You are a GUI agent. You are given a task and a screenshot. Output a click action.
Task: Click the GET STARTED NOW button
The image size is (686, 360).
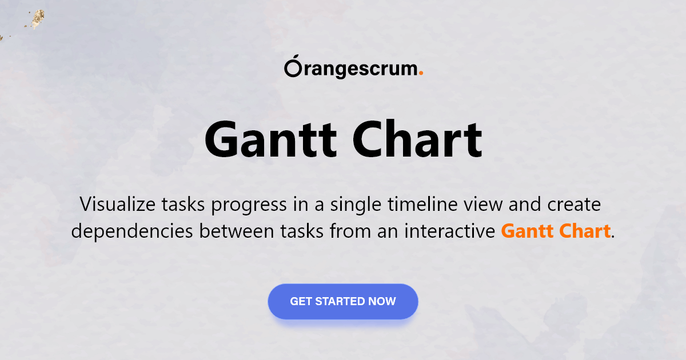click(x=343, y=302)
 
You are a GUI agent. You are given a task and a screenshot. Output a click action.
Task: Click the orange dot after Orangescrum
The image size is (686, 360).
click(x=421, y=73)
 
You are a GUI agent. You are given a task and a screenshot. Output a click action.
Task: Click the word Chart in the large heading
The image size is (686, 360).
click(x=417, y=139)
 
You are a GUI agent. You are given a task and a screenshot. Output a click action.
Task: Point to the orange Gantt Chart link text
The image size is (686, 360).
click(x=556, y=231)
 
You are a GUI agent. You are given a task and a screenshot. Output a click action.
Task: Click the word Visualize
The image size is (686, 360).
click(x=118, y=204)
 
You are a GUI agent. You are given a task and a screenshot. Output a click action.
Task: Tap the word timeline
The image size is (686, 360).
click(x=422, y=204)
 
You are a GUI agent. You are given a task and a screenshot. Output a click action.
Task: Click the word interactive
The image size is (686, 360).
click(x=449, y=231)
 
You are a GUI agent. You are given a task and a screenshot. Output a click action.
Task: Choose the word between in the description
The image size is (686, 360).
click(x=237, y=231)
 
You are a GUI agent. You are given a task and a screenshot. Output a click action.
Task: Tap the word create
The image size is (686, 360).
click(x=574, y=205)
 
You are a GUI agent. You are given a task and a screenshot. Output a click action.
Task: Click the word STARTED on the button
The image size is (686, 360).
click(x=340, y=302)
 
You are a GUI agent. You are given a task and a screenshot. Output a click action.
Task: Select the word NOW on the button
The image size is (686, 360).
click(x=382, y=302)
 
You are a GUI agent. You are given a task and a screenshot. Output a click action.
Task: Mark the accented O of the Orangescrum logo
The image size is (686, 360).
click(x=293, y=66)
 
